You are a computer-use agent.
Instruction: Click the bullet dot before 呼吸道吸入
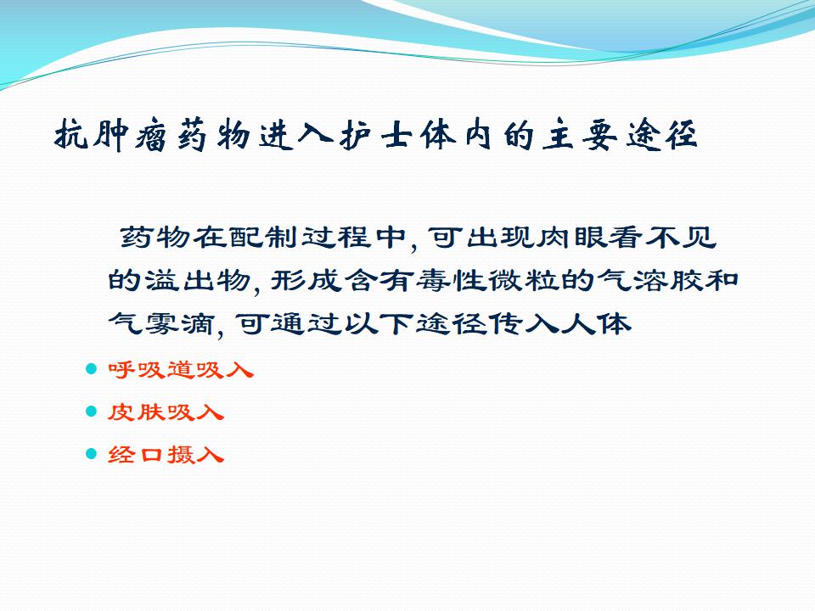(x=92, y=369)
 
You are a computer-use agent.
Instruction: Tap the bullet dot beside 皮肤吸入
(x=92, y=412)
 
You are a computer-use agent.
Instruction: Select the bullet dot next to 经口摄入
(x=92, y=454)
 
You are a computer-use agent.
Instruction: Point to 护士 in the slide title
(x=376, y=135)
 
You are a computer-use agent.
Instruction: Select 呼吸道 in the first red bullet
(x=151, y=370)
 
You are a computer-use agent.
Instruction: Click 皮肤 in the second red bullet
(x=136, y=412)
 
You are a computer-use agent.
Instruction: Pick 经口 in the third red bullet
(x=136, y=455)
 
